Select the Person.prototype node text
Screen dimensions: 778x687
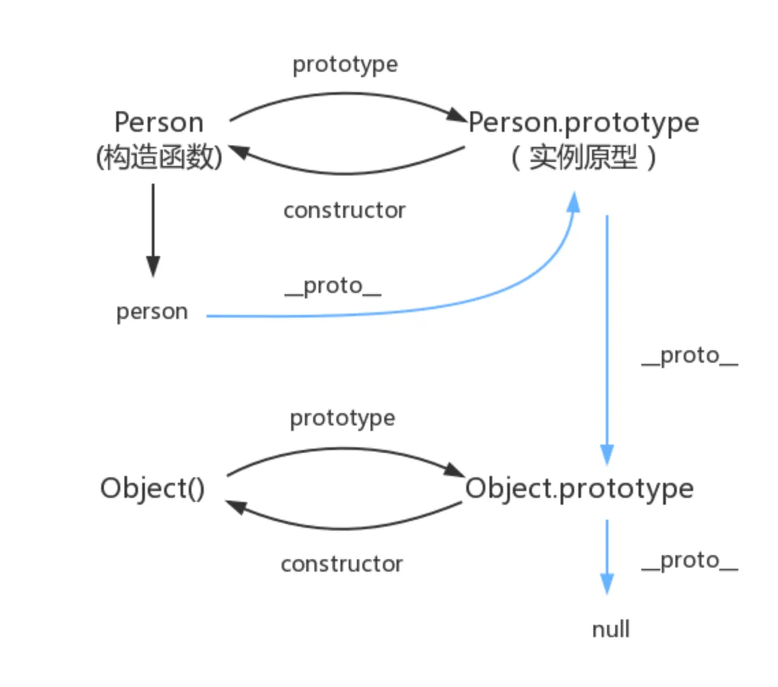coord(583,123)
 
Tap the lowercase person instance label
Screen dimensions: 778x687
coord(152,312)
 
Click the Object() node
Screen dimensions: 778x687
coord(152,489)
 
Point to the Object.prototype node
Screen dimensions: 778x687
coord(579,489)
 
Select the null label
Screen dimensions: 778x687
coord(611,629)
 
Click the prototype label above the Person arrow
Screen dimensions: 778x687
coord(345,64)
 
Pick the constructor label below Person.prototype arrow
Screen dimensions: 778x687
coord(345,210)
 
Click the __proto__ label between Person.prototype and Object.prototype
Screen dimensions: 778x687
coord(690,356)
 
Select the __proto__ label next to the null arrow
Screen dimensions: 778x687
coord(690,561)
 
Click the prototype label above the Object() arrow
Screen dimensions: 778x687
coord(343,418)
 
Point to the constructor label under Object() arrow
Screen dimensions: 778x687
coord(342,564)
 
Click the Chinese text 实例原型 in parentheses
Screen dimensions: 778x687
coord(583,158)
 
